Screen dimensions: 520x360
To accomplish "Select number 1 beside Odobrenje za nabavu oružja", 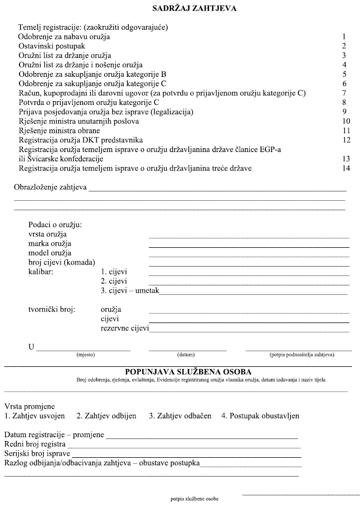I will pos(344,37).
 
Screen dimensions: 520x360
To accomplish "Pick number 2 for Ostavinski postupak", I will pos(344,47).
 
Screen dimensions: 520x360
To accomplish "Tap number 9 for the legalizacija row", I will pos(344,111).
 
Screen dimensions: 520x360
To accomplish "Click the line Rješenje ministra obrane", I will pos(59,130).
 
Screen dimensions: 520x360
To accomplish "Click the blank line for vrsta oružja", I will pos(249,237).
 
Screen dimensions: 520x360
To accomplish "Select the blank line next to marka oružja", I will pos(249,246).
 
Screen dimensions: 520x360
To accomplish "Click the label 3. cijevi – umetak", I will pos(130,291).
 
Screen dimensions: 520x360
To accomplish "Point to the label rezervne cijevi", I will pos(125,328).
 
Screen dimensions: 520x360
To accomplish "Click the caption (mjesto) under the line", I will pos(86,355).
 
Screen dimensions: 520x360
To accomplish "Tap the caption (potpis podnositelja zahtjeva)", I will pos(302,355).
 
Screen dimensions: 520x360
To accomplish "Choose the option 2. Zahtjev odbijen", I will pos(106,416).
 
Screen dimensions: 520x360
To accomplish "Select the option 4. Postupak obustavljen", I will pos(260,416).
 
